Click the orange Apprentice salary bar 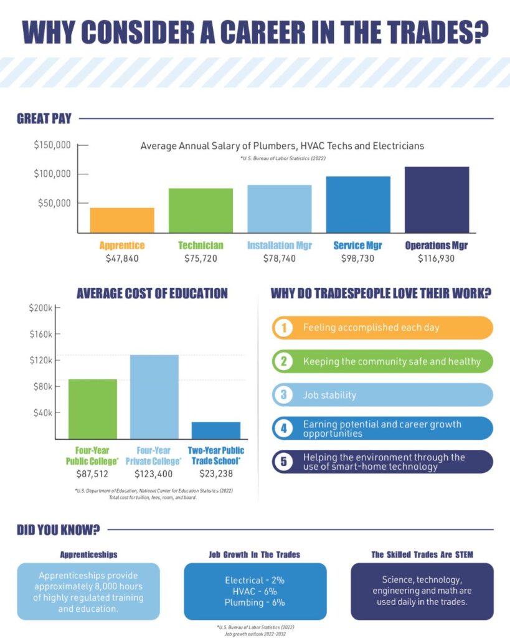(122, 220)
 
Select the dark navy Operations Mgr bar (437, 199)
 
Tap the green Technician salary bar (201, 211)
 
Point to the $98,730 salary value (357, 258)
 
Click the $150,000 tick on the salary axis (52, 145)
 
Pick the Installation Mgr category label (279, 245)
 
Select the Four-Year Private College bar (154, 396)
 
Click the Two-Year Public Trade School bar (215, 430)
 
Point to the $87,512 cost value (92, 474)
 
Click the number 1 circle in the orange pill (283, 328)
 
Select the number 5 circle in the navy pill (283, 462)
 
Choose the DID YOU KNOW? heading (59, 530)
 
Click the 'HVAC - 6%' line (255, 591)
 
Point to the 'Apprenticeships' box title (88, 553)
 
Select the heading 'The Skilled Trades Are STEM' (422, 554)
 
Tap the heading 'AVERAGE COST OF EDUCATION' (152, 293)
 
